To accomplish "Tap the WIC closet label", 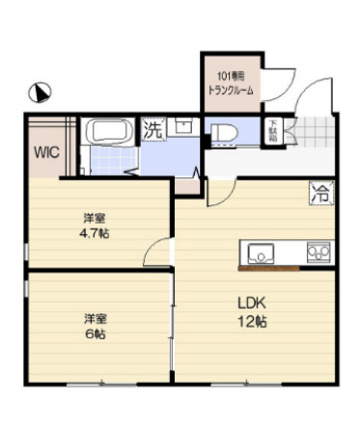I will pos(44,151).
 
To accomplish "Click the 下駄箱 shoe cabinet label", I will pos(274,130).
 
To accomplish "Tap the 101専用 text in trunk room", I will pos(231,75).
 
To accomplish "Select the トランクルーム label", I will pos(231,89).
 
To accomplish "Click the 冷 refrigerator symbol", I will pos(318,192).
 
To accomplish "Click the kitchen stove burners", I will pos(318,253).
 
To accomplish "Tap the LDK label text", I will pos(252,302).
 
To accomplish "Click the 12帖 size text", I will pos(252,320).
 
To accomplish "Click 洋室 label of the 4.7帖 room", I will pos(95,217).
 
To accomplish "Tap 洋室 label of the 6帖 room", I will pos(95,317).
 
